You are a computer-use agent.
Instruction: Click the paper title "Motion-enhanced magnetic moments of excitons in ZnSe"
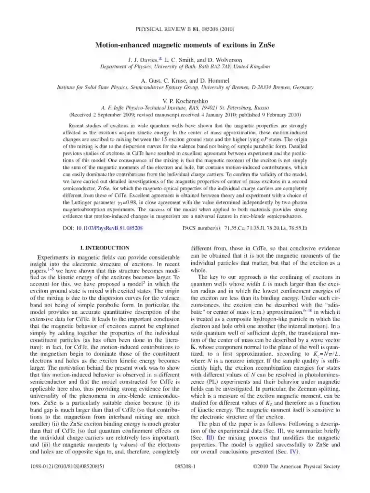point(185,46)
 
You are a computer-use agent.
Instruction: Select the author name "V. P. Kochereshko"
point(185,101)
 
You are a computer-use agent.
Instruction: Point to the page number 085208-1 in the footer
point(185,466)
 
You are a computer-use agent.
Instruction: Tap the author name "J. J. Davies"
point(143,59)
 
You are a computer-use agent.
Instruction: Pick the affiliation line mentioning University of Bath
point(185,66)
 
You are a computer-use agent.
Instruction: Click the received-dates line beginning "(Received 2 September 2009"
point(185,115)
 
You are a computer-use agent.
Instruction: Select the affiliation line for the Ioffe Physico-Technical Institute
point(185,108)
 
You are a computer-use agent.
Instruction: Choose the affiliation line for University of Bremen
point(185,87)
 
